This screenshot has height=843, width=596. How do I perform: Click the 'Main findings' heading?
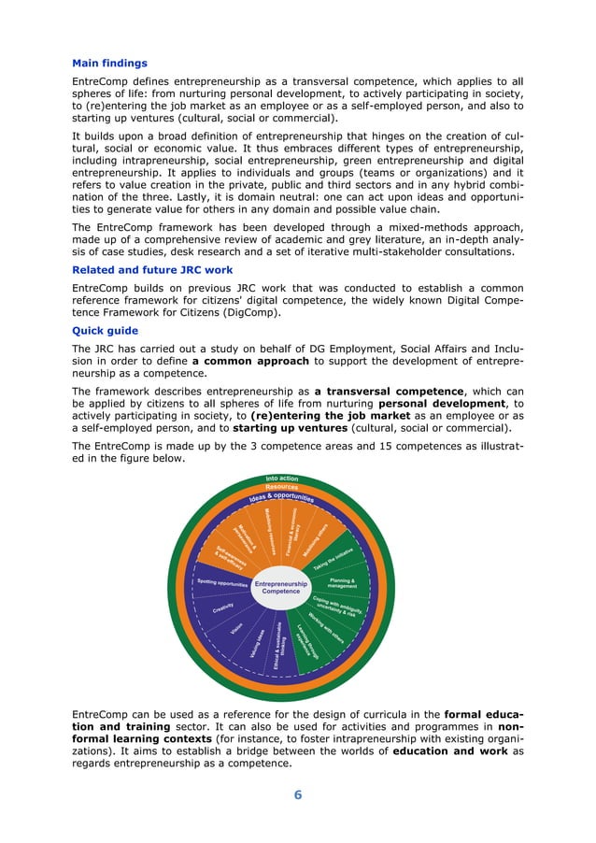click(x=109, y=64)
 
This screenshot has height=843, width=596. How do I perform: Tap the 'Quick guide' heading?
click(x=105, y=330)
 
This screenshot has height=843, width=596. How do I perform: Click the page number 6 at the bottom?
click(x=298, y=795)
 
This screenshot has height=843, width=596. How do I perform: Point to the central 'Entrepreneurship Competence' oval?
click(x=280, y=588)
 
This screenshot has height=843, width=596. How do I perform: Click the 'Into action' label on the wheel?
click(x=281, y=479)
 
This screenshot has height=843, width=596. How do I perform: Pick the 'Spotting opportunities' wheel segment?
click(x=222, y=583)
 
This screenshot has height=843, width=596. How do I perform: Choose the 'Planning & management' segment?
click(x=345, y=583)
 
